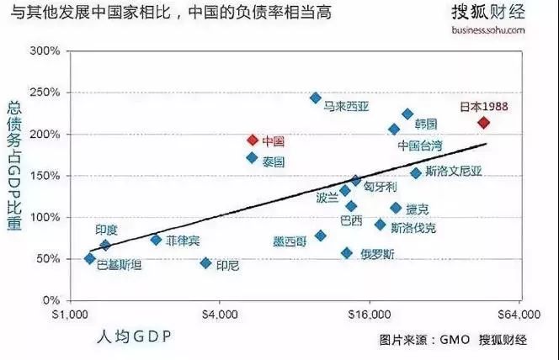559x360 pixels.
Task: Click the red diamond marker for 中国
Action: tap(252, 140)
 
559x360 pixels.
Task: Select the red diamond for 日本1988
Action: tap(483, 123)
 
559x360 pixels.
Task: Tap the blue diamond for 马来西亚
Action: tap(316, 98)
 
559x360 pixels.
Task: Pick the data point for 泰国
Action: tap(252, 157)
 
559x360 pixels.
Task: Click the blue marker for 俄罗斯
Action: tap(347, 253)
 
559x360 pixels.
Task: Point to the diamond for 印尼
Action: tap(205, 263)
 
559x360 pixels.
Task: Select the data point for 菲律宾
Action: tap(156, 240)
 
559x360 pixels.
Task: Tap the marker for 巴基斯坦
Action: tap(90, 258)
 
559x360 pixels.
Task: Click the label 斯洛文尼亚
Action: tap(454, 172)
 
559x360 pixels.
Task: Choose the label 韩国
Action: tap(427, 124)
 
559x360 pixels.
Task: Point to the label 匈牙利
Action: tap(380, 187)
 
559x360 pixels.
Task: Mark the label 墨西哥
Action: tap(290, 241)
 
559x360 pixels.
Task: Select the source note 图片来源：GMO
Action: tap(418, 341)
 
